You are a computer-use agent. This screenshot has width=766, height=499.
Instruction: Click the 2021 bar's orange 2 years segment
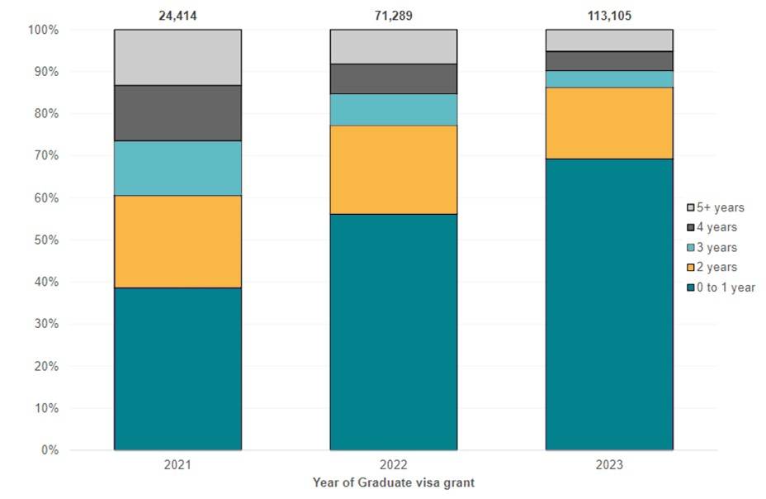tap(177, 241)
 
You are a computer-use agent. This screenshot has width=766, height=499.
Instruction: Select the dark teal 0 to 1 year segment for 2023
tap(609, 304)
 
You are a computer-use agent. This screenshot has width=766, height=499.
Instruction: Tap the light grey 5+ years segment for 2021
tap(177, 57)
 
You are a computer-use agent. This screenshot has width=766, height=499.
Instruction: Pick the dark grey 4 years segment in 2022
tap(394, 78)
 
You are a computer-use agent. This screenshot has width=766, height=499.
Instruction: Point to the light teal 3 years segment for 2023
tap(609, 78)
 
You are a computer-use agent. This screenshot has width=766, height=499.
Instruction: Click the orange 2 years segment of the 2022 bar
tap(394, 169)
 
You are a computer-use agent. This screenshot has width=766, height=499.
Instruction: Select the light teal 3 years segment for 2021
tap(177, 168)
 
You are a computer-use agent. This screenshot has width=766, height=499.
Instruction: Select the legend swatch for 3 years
tap(693, 248)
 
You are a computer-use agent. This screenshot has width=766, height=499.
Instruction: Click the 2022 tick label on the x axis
tap(394, 465)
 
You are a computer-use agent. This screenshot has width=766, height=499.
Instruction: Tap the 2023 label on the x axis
tap(609, 465)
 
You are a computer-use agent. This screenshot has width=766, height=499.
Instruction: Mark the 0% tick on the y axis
tap(50, 450)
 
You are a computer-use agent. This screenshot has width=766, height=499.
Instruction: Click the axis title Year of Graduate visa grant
tap(393, 482)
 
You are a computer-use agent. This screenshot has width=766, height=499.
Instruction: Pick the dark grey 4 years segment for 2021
tap(177, 112)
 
